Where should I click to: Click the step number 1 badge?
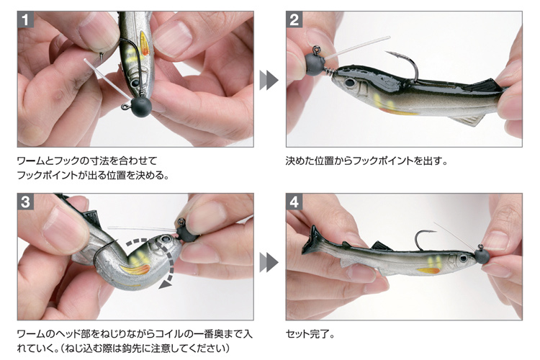[x=25, y=19]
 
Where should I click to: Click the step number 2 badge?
[x=294, y=19]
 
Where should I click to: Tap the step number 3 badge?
[x=25, y=202]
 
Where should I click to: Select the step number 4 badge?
[x=294, y=202]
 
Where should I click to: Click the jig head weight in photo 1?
[x=141, y=106]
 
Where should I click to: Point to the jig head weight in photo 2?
[x=315, y=64]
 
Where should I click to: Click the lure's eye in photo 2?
[x=350, y=83]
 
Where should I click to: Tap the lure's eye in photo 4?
[x=464, y=258]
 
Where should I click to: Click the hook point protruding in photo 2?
[x=389, y=53]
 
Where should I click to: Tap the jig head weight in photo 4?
[x=482, y=256]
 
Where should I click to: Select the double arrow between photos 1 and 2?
[x=269, y=80]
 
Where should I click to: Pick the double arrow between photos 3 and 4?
[x=269, y=263]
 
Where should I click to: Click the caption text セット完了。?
[x=310, y=334]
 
